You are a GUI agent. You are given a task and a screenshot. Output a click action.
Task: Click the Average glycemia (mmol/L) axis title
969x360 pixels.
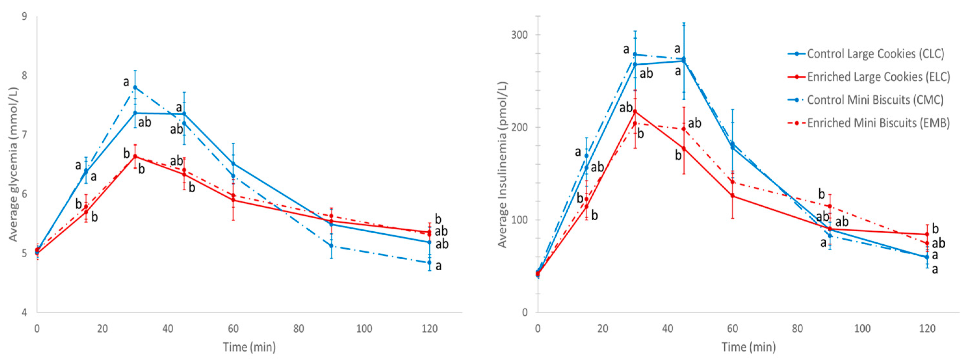tap(14, 164)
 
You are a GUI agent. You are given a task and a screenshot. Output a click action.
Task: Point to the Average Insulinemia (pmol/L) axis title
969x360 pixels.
tap(503, 164)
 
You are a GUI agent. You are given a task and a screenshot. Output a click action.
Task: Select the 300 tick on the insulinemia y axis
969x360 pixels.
tap(519, 35)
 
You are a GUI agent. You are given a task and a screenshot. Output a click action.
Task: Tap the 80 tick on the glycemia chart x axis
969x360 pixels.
tap(299, 329)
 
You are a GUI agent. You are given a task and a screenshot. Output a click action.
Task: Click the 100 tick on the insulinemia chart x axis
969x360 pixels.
tap(862, 329)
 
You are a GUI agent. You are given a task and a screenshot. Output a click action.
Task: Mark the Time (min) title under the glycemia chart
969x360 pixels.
tap(249, 347)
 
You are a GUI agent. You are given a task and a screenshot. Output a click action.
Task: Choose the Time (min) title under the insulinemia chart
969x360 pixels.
tap(749, 347)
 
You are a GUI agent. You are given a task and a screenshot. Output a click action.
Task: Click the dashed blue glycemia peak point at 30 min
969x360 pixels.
tap(135, 87)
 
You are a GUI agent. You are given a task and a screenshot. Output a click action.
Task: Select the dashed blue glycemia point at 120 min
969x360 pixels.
tap(430, 263)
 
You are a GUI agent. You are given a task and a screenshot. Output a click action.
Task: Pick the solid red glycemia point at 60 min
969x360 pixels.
tap(233, 200)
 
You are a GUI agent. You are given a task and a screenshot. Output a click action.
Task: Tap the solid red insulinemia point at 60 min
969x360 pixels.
tap(732, 196)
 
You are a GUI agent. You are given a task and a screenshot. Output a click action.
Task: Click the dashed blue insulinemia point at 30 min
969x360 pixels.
tap(635, 54)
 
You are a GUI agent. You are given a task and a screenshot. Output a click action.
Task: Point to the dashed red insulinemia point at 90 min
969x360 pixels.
tap(830, 206)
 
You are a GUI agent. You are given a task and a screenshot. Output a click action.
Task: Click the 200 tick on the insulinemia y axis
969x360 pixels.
tap(519, 127)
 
